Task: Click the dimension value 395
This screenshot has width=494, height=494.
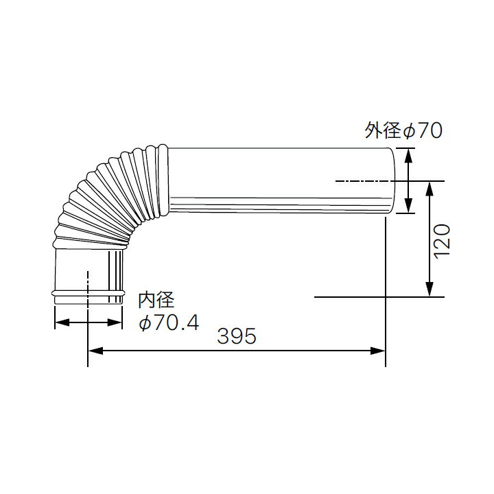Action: point(237,336)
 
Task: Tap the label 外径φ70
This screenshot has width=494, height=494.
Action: point(403,130)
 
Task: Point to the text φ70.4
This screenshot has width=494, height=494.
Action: point(169,322)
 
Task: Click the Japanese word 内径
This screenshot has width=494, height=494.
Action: point(157,301)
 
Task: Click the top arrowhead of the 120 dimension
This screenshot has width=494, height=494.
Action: point(430,187)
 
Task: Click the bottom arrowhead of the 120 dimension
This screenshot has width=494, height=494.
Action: point(430,291)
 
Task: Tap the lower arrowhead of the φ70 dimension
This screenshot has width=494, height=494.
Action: point(408,207)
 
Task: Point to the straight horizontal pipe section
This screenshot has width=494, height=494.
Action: point(274,182)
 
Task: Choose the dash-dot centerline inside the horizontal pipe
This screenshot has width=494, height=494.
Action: point(364,181)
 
